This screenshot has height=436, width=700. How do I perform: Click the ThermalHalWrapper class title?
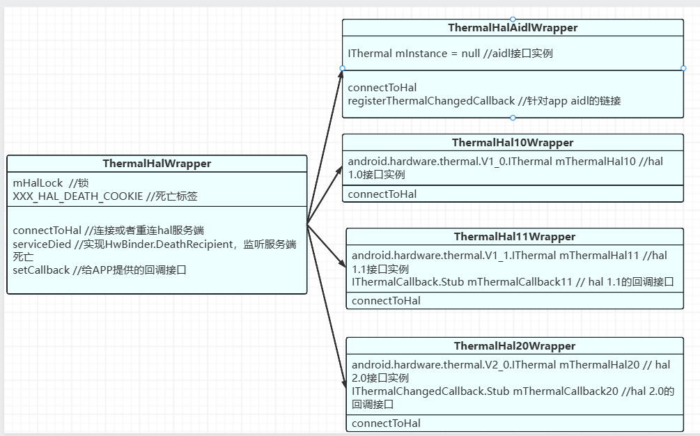click(157, 164)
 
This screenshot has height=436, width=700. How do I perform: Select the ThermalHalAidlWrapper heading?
click(513, 28)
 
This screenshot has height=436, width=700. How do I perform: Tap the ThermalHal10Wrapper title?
click(513, 143)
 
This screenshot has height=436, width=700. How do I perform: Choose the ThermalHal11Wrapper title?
click(515, 237)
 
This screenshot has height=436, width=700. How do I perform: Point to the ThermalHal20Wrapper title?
click(515, 346)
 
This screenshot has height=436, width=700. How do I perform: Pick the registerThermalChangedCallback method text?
click(431, 100)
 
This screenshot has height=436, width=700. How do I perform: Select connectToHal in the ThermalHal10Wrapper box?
click(382, 194)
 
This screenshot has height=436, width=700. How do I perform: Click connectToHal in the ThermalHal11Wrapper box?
click(386, 301)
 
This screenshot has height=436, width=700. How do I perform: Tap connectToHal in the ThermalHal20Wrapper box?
click(386, 423)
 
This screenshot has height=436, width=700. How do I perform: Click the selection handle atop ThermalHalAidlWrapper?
click(513, 19)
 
